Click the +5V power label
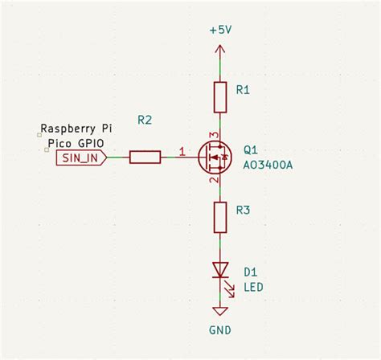coord(220,31)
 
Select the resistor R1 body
coord(219,96)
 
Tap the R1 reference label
coord(244,91)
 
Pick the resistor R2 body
coord(145,157)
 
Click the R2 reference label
coord(145,120)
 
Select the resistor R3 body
coord(219,217)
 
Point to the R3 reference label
coord(244,211)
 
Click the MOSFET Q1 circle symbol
coord(215,157)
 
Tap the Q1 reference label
coord(249,150)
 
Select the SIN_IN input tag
coord(81,157)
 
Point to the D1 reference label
coord(249,272)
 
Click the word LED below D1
coord(252,287)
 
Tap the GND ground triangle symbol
coord(219,310)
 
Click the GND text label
coord(220,330)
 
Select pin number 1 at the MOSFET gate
coord(182,151)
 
